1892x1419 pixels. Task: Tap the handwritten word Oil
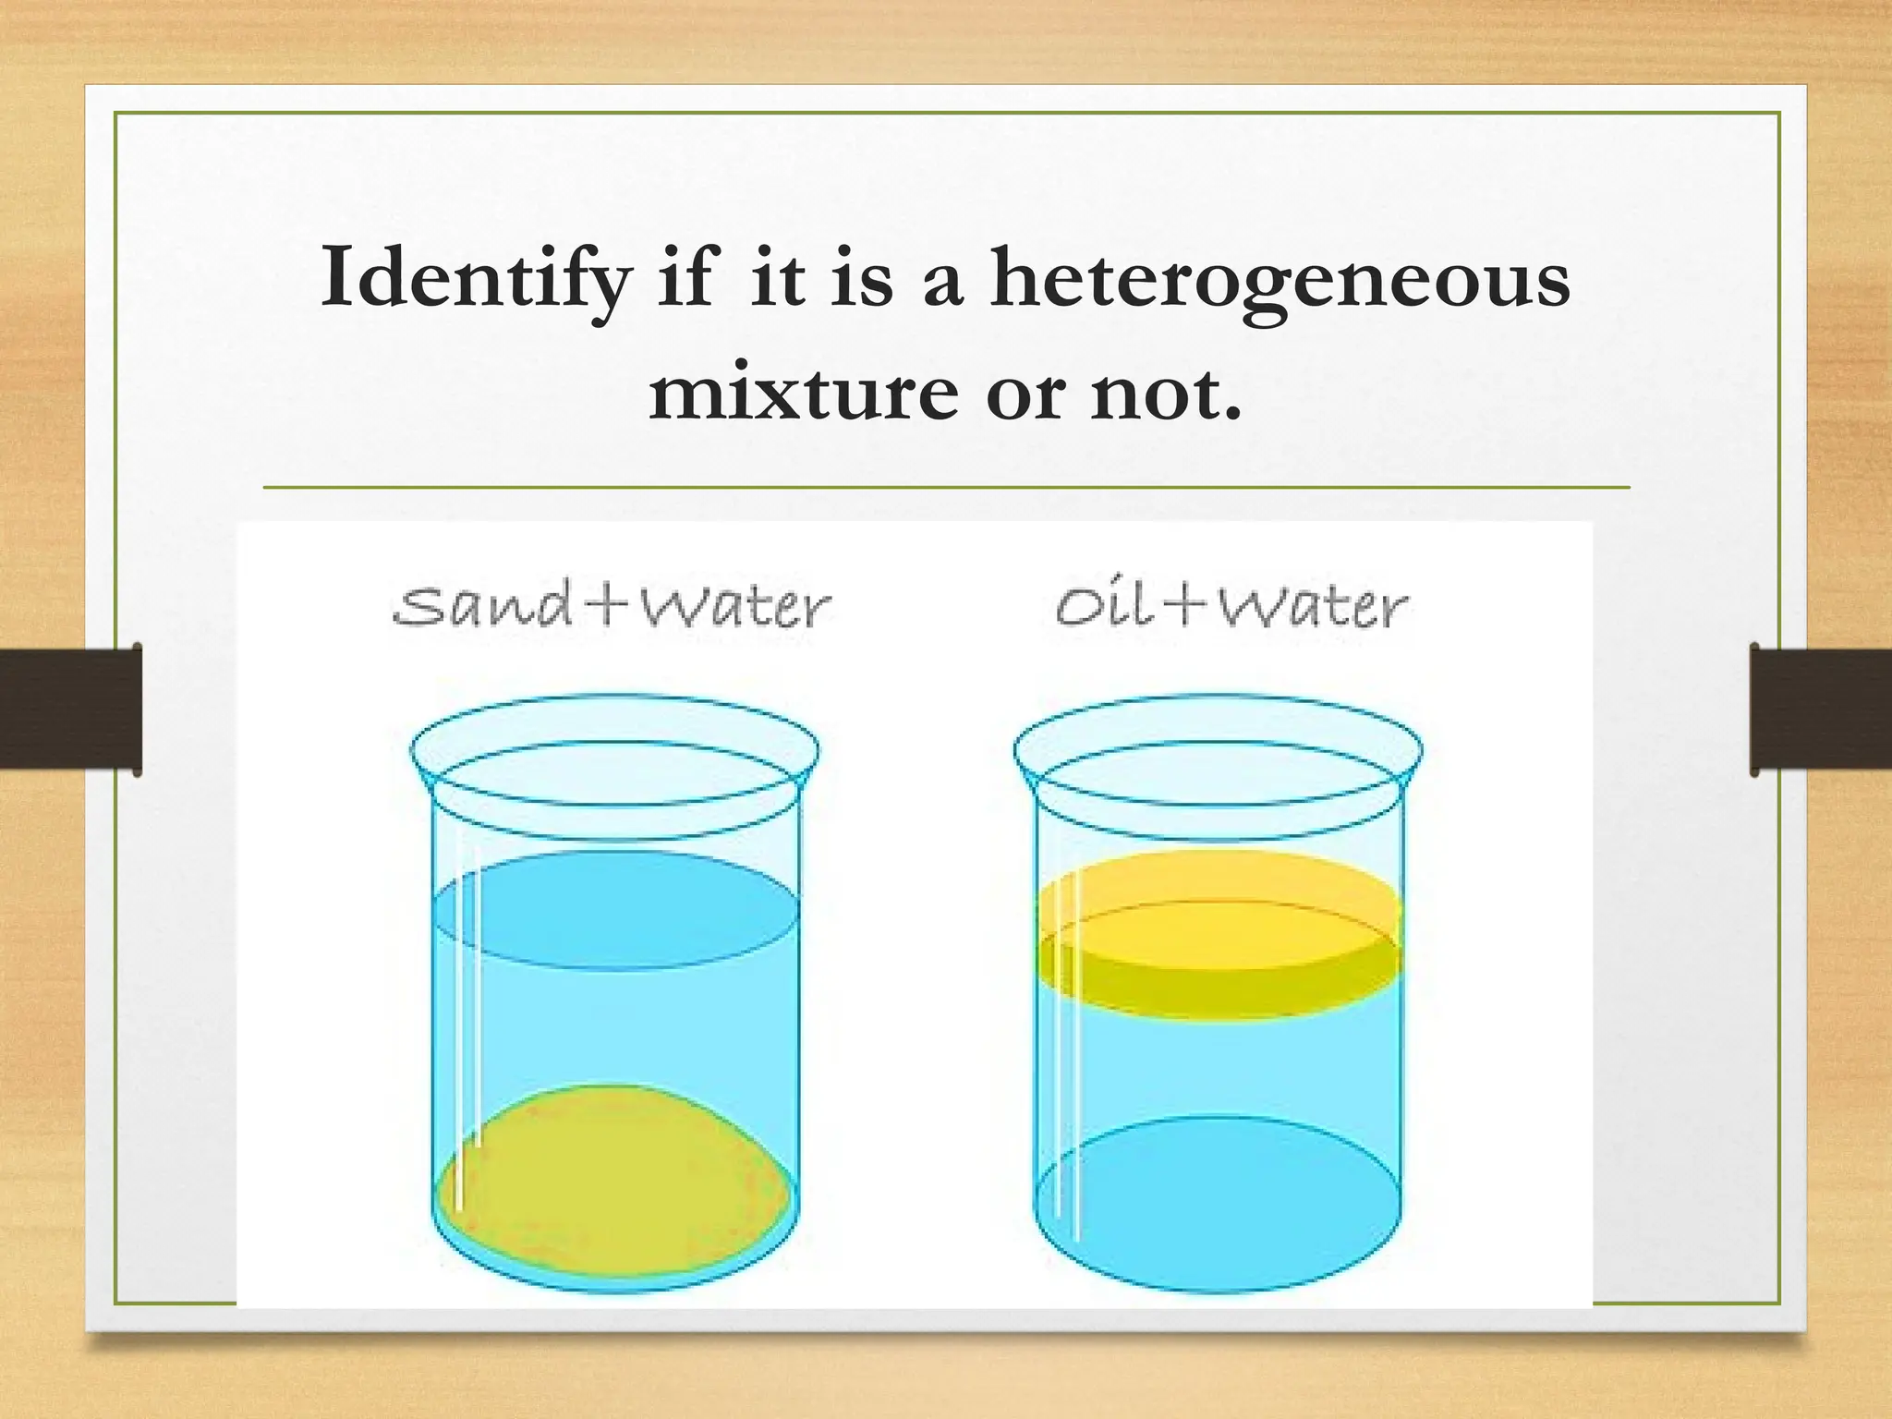1105,606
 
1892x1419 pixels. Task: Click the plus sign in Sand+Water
610,606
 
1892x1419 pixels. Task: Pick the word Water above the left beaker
735,607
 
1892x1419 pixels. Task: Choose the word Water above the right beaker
1312,607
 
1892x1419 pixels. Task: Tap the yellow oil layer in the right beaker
1219,933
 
